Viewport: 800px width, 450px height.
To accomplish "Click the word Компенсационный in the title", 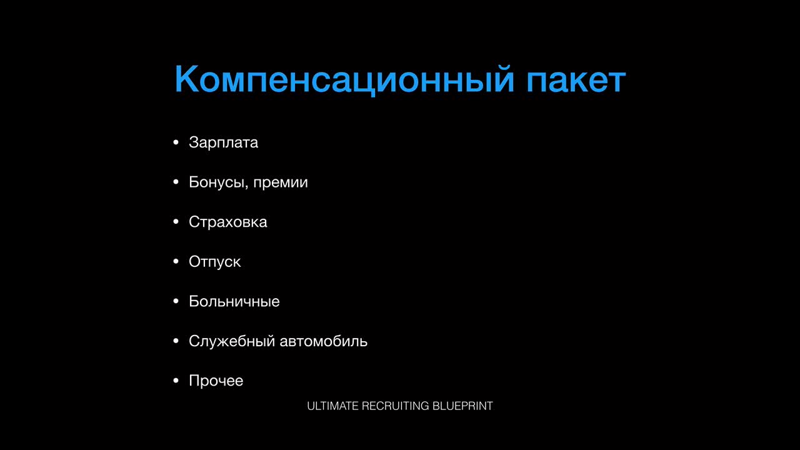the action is pyautogui.click(x=344, y=79).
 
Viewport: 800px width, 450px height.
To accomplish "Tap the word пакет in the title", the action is pyautogui.click(x=576, y=81).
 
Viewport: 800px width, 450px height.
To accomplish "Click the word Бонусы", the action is pyautogui.click(x=216, y=182).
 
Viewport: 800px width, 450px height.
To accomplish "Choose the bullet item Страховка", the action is pyautogui.click(x=228, y=222).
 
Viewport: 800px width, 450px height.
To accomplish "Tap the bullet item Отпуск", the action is pyautogui.click(x=214, y=262).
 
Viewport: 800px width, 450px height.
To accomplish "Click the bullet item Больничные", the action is pyautogui.click(x=234, y=301).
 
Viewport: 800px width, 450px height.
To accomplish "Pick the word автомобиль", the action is pyautogui.click(x=324, y=341).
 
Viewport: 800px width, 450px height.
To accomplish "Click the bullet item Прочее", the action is pyautogui.click(x=216, y=381).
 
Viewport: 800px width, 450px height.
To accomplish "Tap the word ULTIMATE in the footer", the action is pyautogui.click(x=332, y=406).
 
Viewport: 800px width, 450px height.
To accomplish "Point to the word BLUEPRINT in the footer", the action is pyautogui.click(x=462, y=406).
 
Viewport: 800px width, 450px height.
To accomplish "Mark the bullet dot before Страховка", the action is pyautogui.click(x=176, y=222).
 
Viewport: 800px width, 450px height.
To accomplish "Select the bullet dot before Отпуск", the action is pyautogui.click(x=176, y=262).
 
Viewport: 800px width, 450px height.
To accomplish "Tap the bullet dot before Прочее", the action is pyautogui.click(x=176, y=381).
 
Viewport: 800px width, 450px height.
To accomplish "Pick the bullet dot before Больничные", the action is pyautogui.click(x=176, y=301).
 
